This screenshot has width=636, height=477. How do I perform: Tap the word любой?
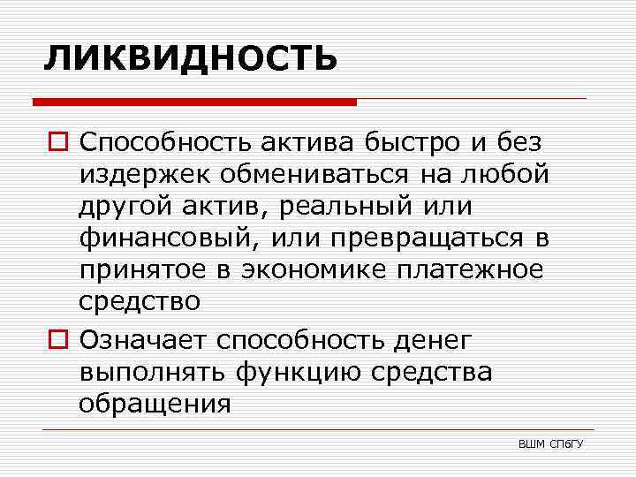[507, 174]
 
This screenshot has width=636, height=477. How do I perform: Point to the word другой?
[130, 206]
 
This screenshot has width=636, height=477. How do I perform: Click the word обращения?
[155, 403]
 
